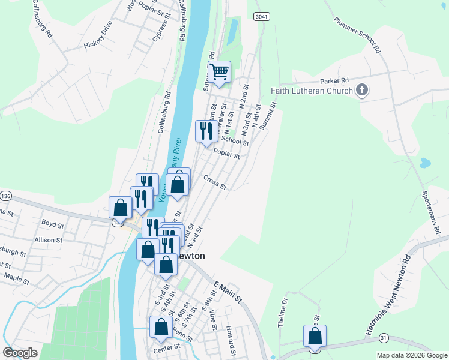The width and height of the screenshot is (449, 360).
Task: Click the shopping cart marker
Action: pyautogui.click(x=220, y=72)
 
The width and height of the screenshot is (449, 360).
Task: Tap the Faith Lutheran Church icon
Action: pyautogui.click(x=361, y=91)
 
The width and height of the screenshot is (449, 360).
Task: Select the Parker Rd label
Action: pyautogui.click(x=334, y=80)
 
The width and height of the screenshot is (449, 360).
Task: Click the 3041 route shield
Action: pyautogui.click(x=261, y=16)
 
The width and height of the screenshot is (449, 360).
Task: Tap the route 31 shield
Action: pyautogui.click(x=384, y=339)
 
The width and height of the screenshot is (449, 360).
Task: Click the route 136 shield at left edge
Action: pyautogui.click(x=6, y=196)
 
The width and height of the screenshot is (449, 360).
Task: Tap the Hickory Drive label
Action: pyautogui.click(x=99, y=37)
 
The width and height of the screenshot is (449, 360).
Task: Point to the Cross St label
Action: pyautogui.click(x=215, y=181)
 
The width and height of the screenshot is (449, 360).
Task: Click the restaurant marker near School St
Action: pyautogui.click(x=206, y=131)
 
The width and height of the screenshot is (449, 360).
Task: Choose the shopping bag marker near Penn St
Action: pyautogui.click(x=160, y=328)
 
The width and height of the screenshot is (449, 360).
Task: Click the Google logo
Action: pyautogui.click(x=20, y=353)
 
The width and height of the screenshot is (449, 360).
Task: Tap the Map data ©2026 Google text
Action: pyautogui.click(x=412, y=355)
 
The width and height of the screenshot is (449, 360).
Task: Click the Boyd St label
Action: pyautogui.click(x=53, y=224)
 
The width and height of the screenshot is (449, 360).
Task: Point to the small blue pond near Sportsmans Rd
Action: pyautogui.click(x=424, y=163)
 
